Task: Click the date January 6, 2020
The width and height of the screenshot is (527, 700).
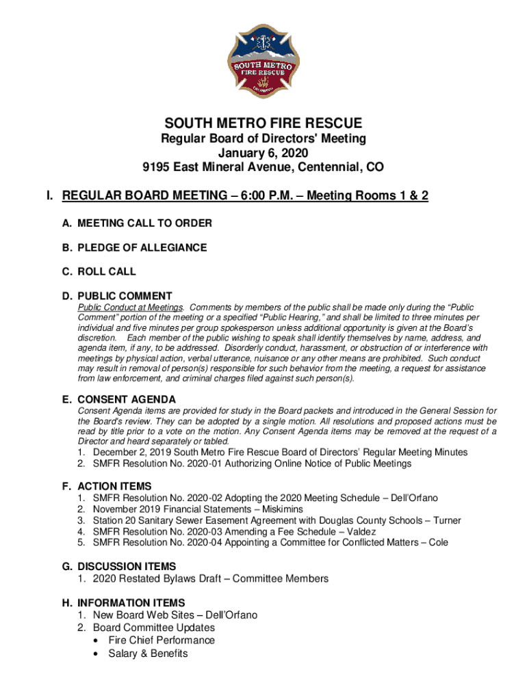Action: (263, 152)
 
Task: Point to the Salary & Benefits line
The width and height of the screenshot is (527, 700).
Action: (148, 654)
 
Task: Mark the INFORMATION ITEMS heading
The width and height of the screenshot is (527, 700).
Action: (131, 603)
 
